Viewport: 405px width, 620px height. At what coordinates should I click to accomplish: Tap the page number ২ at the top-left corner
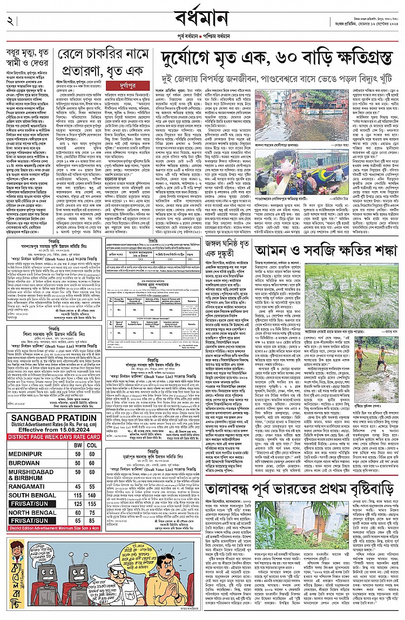coord(10,21)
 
